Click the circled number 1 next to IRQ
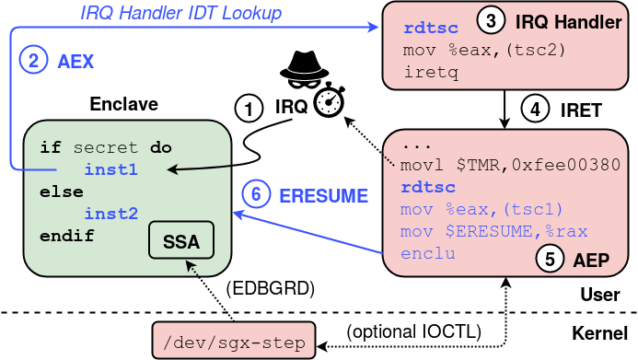point(249,108)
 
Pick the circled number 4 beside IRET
point(536,110)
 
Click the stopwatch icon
point(327,105)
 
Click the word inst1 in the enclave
point(110,169)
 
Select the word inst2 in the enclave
point(110,214)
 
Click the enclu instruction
point(428,251)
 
